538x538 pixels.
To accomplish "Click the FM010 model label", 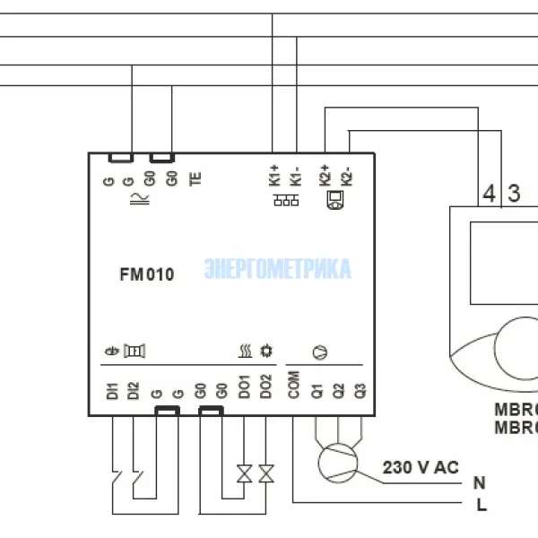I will pos(146,275).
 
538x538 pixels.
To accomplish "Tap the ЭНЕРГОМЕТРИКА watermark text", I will pos(278,269).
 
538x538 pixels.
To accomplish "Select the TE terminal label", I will pos(195,177).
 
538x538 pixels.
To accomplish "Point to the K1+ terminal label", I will pos(274,174).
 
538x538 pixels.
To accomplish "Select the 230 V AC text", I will pos(421,467).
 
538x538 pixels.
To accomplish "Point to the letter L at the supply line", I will pos(481,506).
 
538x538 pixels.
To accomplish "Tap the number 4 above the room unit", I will pos(489,193).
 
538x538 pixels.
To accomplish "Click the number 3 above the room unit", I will pos(514,193).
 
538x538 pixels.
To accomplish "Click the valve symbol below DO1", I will pos(243,473).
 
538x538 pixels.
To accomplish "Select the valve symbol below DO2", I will pos(265,473).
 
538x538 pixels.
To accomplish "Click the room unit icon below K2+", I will pos(334,201).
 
